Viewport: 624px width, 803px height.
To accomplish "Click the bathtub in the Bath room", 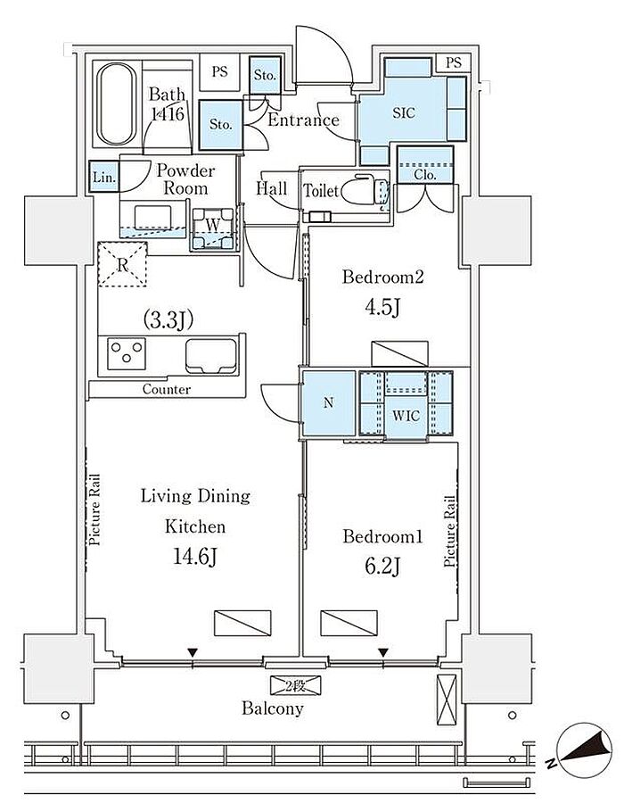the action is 117,103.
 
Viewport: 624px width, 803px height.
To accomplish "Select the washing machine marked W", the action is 213,228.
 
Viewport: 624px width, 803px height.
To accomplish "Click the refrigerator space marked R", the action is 122,264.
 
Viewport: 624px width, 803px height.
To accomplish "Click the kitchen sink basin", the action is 211,356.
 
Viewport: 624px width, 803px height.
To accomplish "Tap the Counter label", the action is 166,389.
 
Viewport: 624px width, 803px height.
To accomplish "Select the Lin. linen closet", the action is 104,177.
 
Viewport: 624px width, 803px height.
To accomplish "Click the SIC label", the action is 404,112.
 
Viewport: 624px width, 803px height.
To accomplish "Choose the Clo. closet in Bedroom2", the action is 425,164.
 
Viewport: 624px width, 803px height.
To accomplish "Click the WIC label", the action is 406,415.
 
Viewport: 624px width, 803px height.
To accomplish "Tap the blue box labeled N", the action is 328,403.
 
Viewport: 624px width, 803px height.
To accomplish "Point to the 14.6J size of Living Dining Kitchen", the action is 195,556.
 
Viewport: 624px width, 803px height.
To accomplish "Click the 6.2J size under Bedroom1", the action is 382,566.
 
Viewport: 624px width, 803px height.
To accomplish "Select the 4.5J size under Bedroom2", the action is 382,307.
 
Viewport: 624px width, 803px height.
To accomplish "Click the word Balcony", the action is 273,708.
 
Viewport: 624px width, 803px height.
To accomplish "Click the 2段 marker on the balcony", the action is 295,686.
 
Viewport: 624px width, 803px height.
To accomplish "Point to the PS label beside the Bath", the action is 220,71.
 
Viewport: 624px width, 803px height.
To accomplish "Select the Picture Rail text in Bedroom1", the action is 449,531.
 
